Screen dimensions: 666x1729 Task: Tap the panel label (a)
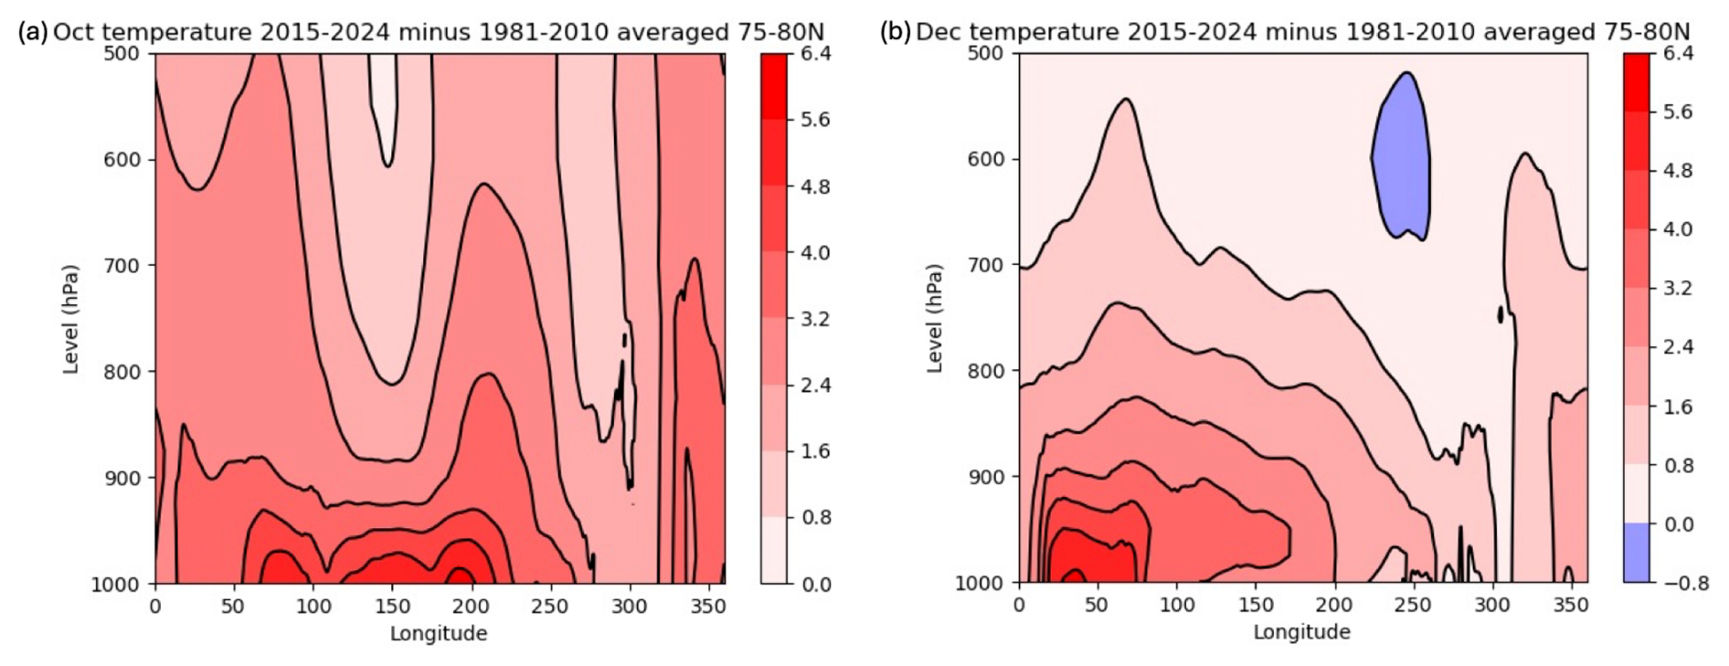[x=32, y=32]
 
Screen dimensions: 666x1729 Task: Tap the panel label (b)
[x=895, y=32]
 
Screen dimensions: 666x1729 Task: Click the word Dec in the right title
[x=936, y=32]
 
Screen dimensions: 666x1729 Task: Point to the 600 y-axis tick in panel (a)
[x=122, y=160]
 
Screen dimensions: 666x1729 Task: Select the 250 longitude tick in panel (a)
[x=550, y=607]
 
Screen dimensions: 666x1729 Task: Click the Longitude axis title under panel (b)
[x=1301, y=632]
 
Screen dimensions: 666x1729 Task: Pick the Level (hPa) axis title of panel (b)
[x=934, y=319]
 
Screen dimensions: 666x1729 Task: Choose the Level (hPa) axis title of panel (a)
[x=70, y=319]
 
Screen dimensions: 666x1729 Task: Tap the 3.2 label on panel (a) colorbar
[x=815, y=319]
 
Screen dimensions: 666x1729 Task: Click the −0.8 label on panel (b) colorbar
[x=1685, y=584]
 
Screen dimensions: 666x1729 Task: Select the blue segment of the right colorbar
[x=1637, y=553]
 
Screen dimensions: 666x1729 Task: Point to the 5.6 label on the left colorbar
[x=815, y=120]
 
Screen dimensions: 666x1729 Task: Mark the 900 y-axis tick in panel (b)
[x=985, y=477]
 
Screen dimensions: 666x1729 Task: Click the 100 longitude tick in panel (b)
[x=1177, y=606]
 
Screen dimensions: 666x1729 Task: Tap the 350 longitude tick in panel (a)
[x=708, y=607]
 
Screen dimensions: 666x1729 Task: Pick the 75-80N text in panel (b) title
[x=1647, y=32]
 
